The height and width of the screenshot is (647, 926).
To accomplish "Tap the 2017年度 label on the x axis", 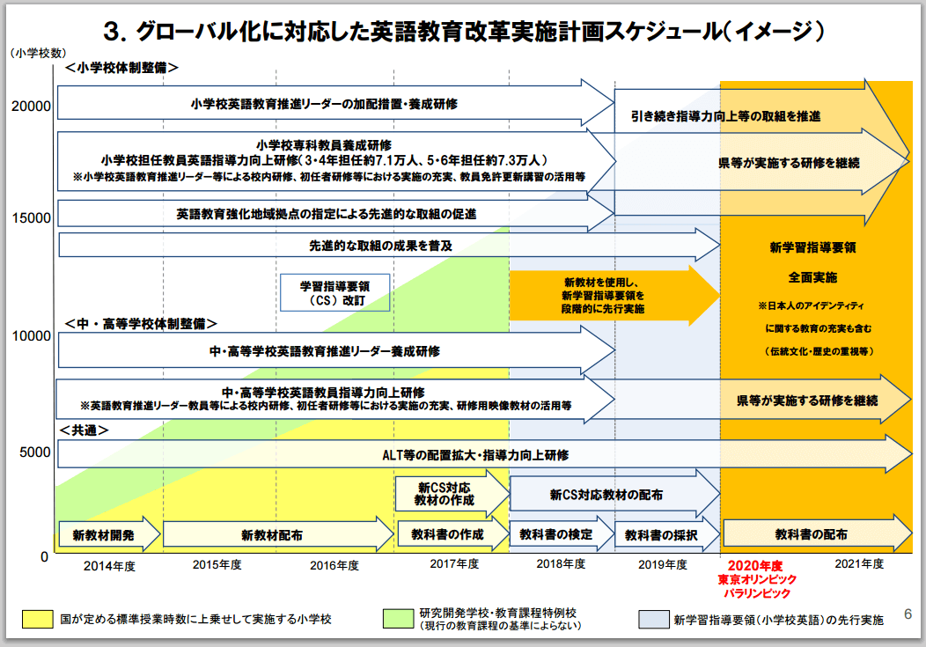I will click(x=454, y=563).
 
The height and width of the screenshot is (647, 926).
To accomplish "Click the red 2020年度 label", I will click(x=758, y=564).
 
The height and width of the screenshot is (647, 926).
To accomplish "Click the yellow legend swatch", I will click(x=38, y=619).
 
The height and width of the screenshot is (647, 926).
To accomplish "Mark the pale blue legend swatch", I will click(x=652, y=619).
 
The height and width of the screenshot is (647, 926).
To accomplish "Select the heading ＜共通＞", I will click(x=85, y=430).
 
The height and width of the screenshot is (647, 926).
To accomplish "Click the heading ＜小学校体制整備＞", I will click(x=121, y=67).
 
